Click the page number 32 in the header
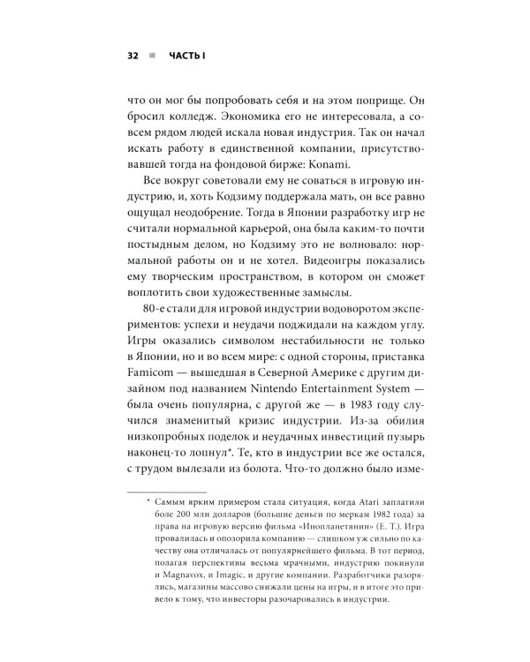tap(132, 56)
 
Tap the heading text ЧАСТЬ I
tap(188, 56)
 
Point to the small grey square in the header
tap(155, 56)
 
